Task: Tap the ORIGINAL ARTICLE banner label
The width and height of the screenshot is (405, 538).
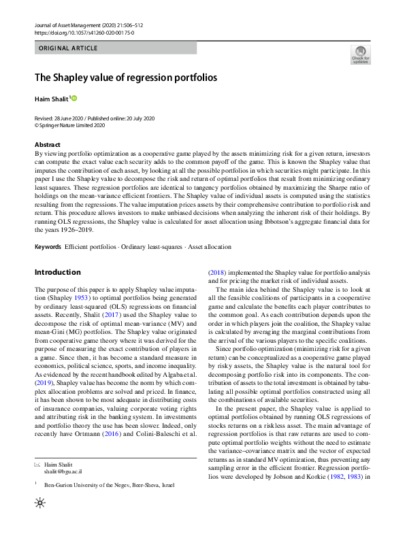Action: pos(68,48)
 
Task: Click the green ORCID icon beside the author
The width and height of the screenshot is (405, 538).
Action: pos(74,99)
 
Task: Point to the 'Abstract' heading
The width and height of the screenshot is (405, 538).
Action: pos(47,144)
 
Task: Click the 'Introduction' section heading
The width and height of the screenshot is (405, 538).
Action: pos(57,272)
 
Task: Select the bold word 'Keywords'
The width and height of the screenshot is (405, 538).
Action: pos(48,246)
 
